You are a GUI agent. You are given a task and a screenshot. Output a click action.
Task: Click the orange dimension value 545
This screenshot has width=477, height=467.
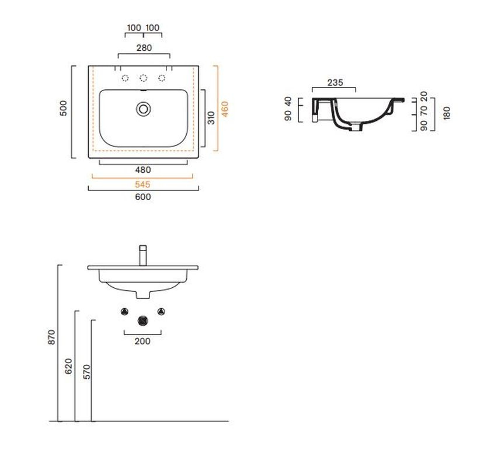[x=142, y=184]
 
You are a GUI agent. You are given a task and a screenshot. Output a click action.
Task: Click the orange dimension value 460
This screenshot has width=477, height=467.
[x=225, y=109]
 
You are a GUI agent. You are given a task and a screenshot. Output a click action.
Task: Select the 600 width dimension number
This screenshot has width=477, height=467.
[x=143, y=197]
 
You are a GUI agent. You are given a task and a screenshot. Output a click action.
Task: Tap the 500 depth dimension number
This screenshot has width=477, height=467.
[x=63, y=108]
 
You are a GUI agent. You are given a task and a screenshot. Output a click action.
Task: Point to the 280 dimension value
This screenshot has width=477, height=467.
[x=144, y=48]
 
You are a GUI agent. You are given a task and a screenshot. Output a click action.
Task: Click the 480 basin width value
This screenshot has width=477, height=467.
[x=143, y=170]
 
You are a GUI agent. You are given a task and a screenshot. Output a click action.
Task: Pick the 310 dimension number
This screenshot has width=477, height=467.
[x=211, y=118]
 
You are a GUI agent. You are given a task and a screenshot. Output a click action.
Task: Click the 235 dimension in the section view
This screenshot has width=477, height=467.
[x=335, y=82]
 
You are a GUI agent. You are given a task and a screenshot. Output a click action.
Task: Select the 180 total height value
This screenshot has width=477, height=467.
[x=447, y=113]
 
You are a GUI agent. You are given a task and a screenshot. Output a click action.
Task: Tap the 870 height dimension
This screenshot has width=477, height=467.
[x=52, y=337]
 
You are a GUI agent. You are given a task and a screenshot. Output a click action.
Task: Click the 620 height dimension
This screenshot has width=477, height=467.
[x=69, y=366]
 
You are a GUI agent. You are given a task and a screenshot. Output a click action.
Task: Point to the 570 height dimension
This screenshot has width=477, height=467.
[x=86, y=372]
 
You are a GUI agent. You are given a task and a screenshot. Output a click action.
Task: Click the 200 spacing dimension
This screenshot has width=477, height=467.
[x=142, y=341]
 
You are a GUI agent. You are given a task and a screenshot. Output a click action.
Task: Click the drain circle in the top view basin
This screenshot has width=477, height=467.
[x=143, y=109]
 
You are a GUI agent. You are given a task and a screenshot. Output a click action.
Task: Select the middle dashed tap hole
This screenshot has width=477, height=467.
[x=143, y=78]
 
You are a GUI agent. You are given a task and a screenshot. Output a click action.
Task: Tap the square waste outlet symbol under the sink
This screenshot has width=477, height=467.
[x=142, y=320]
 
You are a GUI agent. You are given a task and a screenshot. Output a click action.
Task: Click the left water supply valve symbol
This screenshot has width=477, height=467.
[x=124, y=311]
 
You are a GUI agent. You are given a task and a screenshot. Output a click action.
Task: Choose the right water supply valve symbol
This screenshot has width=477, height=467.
[x=161, y=311]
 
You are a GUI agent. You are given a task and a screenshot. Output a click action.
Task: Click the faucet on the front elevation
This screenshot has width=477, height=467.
[x=143, y=255]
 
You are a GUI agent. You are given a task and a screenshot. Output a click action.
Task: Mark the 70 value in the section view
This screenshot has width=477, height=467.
[x=424, y=110]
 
